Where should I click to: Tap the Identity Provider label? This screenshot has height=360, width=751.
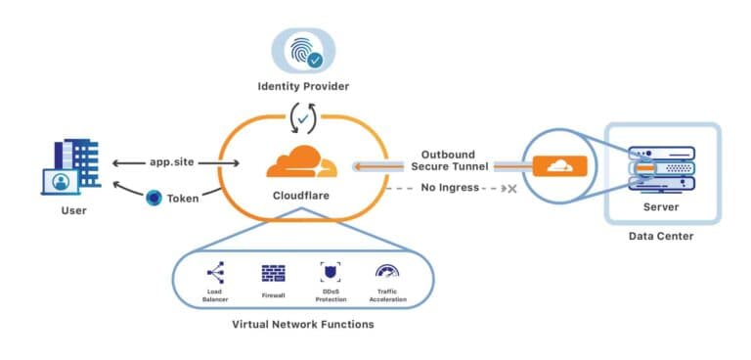(x=302, y=86)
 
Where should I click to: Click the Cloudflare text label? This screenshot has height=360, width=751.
(x=301, y=196)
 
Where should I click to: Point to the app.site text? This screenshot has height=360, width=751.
(x=172, y=163)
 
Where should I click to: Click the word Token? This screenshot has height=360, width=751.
(x=183, y=198)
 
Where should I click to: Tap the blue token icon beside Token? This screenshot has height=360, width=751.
(x=154, y=198)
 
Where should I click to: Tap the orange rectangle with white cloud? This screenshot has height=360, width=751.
(x=561, y=166)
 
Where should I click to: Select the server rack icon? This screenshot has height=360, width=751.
(x=662, y=168)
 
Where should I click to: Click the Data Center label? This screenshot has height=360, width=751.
(x=662, y=236)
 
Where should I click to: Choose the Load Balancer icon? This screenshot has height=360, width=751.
(x=216, y=273)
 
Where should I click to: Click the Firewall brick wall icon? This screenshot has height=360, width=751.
(x=272, y=273)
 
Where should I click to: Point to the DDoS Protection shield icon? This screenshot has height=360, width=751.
(x=329, y=273)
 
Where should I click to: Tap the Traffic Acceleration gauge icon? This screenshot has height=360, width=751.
(x=386, y=272)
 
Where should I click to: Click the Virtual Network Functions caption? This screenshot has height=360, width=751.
(x=301, y=324)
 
